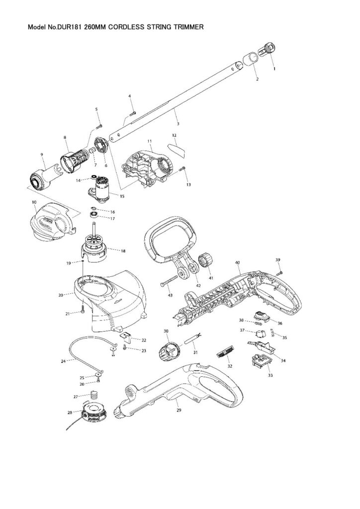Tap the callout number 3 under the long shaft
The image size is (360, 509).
[x=178, y=123]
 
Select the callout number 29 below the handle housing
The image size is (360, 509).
[x=179, y=411]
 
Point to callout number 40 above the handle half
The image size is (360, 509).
[x=238, y=262]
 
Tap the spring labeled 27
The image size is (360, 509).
[x=93, y=396]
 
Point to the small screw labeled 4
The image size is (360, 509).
[x=133, y=113]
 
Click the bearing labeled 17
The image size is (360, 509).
[x=94, y=215]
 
